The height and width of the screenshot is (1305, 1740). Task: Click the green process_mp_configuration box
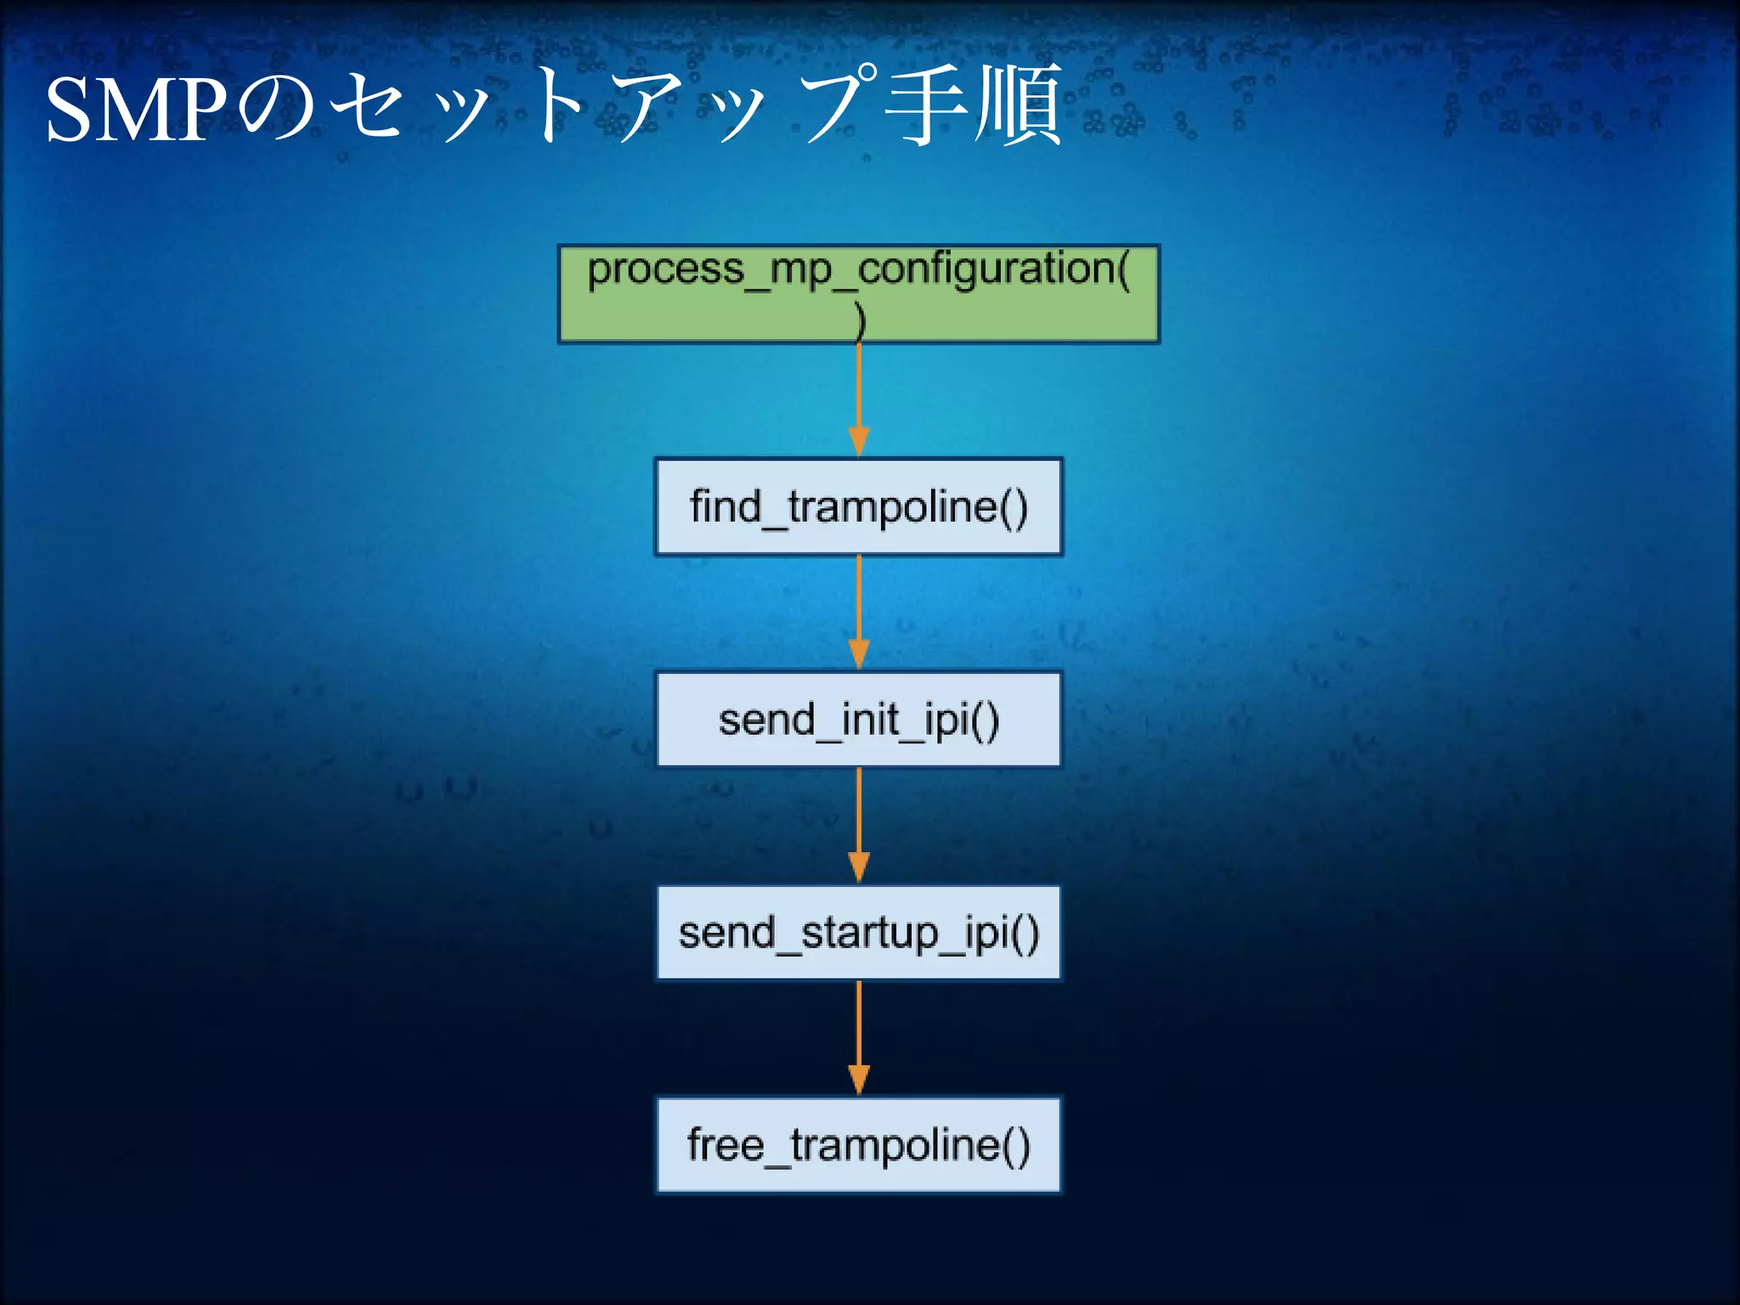(858, 294)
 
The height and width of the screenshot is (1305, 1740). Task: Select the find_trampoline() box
(858, 507)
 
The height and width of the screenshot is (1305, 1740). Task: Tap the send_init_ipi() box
(858, 720)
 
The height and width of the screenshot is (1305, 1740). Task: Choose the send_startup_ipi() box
(858, 933)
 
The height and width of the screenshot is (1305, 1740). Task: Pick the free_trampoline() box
(858, 1145)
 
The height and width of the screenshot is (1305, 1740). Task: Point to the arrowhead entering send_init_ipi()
(859, 655)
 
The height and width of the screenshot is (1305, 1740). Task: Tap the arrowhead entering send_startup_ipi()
(859, 867)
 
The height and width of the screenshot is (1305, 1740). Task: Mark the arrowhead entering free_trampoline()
(859, 1080)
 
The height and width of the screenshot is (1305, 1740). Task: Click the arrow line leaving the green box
(859, 387)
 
